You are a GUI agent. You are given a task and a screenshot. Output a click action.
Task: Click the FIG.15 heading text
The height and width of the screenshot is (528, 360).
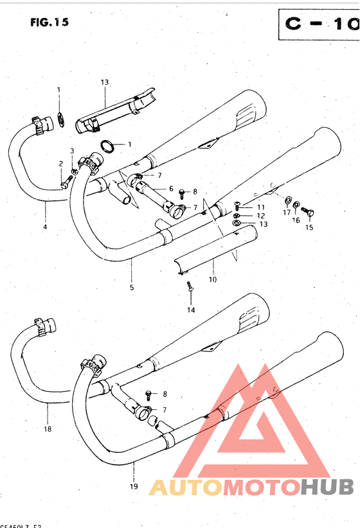click(x=50, y=22)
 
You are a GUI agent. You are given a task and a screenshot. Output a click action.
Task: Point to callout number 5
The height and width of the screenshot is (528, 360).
click(x=132, y=287)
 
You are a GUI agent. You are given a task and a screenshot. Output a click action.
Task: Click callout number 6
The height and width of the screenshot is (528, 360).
click(x=171, y=188)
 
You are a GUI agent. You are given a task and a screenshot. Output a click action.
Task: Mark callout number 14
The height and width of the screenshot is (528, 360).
click(x=190, y=310)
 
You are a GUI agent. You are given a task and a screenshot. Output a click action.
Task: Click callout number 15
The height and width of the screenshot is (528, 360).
click(x=309, y=227)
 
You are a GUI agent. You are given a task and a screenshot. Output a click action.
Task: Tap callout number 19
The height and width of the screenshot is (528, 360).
click(x=134, y=486)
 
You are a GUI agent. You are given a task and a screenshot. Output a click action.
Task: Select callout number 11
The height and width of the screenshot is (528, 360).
click(x=260, y=207)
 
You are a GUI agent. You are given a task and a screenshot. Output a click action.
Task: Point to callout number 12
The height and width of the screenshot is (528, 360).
click(x=261, y=215)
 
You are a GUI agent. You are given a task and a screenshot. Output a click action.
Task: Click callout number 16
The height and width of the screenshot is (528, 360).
click(x=296, y=220)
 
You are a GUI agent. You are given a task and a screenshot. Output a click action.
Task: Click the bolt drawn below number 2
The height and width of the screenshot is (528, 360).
click(x=64, y=184)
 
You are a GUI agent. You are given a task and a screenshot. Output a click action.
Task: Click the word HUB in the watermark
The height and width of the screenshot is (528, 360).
click(x=328, y=488)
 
